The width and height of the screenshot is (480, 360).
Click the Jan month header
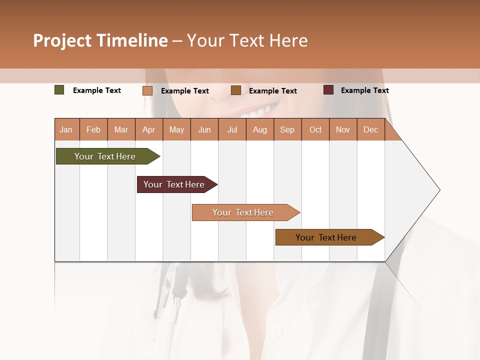[66, 130]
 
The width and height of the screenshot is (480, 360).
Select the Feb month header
[93, 130]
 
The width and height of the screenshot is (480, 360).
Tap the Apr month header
[148, 130]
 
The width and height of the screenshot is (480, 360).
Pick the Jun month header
[204, 130]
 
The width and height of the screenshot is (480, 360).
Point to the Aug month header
[259, 130]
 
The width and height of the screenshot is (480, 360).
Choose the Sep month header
[287, 130]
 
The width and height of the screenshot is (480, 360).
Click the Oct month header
[315, 130]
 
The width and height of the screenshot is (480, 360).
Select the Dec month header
[370, 130]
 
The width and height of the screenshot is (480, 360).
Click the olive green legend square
[59, 90]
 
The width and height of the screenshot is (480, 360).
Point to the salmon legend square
[147, 90]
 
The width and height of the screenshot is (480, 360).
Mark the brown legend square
[236, 90]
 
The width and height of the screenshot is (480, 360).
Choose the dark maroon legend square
[328, 90]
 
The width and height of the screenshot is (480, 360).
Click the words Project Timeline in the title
[100, 40]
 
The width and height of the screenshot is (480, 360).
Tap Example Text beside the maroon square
[364, 90]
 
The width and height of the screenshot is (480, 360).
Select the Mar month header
[121, 130]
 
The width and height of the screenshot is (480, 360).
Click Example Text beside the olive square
[96, 90]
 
